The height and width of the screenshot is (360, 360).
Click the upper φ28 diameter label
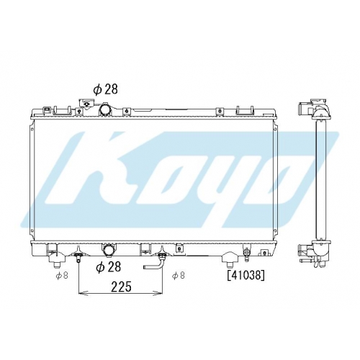pos(105,89)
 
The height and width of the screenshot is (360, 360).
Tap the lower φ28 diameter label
pos(108,267)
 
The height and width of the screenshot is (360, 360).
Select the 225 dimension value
pos(121,287)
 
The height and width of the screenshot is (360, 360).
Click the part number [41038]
pos(246,275)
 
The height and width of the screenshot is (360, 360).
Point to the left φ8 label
pos(62,276)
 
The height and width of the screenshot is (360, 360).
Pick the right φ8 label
pos(179,276)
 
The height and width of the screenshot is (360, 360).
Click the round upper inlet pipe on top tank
pos(105,109)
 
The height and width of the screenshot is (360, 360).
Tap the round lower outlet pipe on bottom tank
pos(109,251)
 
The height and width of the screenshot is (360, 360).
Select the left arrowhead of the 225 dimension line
pos(83,293)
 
